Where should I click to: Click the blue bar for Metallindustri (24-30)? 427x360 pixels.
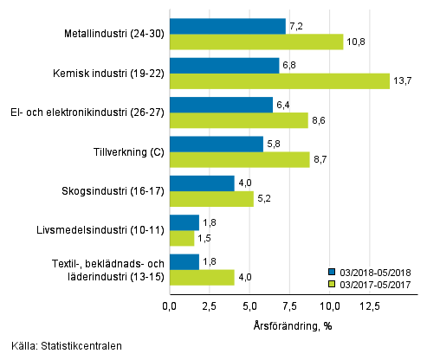[227, 26]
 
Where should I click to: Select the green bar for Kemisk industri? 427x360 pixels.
[279, 80]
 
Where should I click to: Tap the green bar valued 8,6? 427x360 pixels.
[238, 120]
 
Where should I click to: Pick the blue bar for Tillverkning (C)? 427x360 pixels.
[216, 144]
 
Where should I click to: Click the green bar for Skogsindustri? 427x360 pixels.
[211, 199]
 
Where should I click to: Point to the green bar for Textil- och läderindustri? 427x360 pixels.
[202, 278]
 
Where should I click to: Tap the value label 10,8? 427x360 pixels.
[355, 42]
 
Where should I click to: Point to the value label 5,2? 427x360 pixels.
[264, 199]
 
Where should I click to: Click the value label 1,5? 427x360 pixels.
[205, 239]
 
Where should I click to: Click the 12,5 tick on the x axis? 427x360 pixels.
[370, 305]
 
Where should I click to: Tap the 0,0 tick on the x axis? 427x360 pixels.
[170, 305]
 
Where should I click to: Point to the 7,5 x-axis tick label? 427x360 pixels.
[290, 305]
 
